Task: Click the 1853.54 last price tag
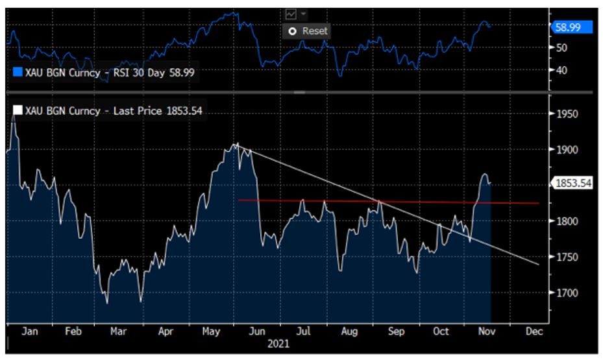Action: (573, 183)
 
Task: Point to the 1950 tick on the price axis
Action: (569, 114)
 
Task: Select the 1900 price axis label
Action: (569, 150)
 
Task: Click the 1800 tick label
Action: (569, 221)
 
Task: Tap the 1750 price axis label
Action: (569, 257)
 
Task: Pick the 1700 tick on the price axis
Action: (569, 293)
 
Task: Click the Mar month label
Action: (118, 331)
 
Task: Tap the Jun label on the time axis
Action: (257, 331)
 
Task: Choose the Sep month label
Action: (395, 331)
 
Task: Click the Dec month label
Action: (534, 331)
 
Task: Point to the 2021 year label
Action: (279, 344)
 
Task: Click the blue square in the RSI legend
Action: (18, 72)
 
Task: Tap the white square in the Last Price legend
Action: (18, 110)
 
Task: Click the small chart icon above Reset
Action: (291, 14)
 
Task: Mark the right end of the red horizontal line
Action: (539, 203)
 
